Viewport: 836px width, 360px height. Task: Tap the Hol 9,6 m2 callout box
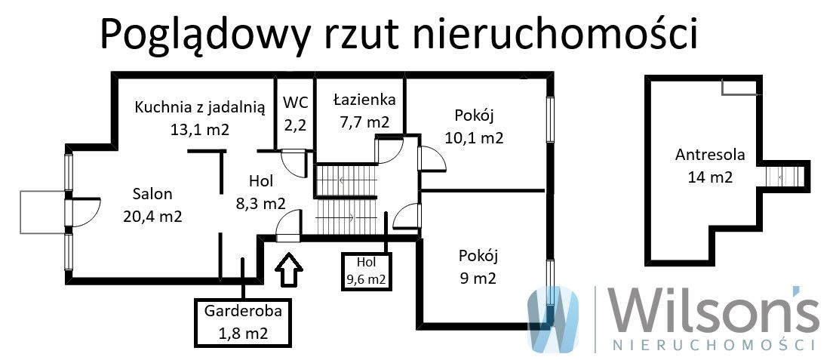[366, 270]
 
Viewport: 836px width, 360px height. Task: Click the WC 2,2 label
[294, 112]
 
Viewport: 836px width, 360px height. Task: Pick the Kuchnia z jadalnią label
[200, 118]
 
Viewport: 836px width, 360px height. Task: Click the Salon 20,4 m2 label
[152, 205]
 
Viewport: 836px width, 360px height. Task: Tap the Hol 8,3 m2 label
[256, 192]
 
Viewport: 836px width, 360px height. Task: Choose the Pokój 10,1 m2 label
[474, 127]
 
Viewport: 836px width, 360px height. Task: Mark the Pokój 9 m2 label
[478, 266]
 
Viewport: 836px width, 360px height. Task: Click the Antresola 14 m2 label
[710, 166]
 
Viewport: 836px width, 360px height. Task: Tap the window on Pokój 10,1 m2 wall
[551, 120]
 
